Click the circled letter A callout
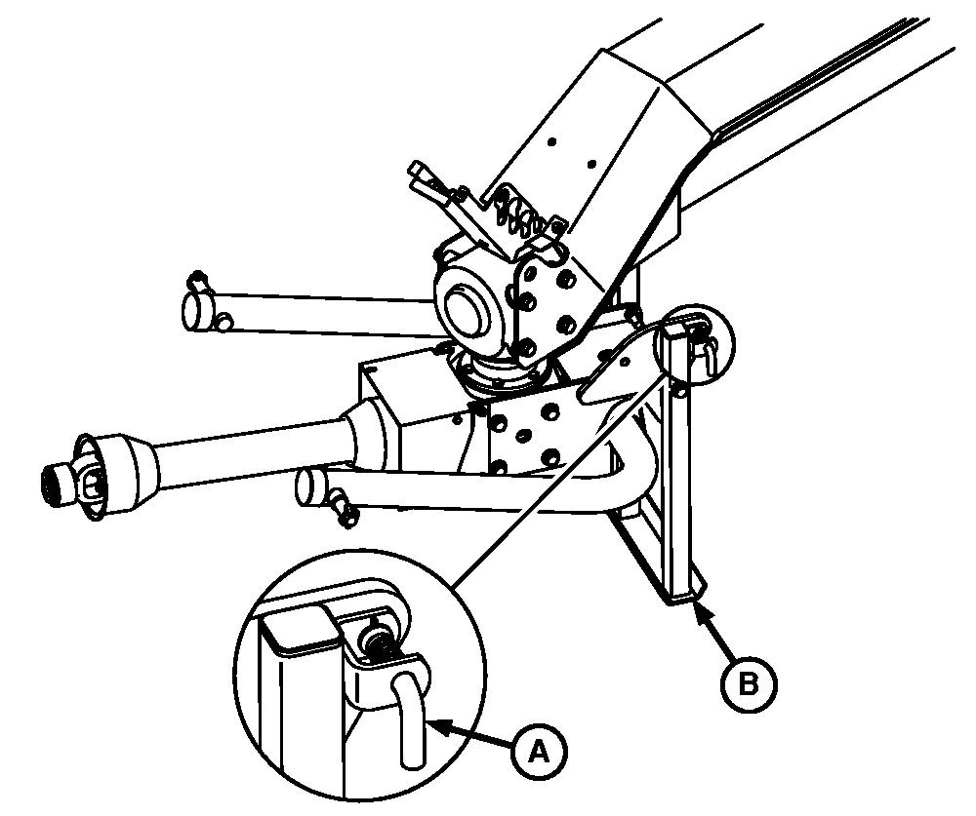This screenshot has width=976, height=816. (539, 751)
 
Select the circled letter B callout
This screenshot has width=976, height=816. (749, 684)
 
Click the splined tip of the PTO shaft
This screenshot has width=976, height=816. (60, 480)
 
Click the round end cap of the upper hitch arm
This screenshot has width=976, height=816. (197, 310)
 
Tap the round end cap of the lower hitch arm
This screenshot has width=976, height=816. (310, 486)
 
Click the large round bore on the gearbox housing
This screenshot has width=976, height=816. (465, 306)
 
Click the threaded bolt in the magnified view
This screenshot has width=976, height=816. (378, 641)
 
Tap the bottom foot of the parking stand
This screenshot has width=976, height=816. (685, 596)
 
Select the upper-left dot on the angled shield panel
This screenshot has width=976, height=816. (551, 141)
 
